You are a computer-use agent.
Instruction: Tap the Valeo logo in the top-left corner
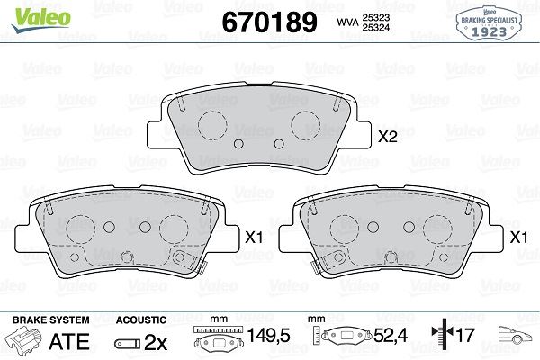(31, 12)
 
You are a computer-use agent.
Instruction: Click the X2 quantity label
(387, 139)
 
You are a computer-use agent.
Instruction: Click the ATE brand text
(68, 341)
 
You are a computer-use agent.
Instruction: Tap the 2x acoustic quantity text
(156, 341)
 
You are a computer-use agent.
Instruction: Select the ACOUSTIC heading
(142, 319)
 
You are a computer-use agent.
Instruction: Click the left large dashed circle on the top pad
(213, 126)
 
